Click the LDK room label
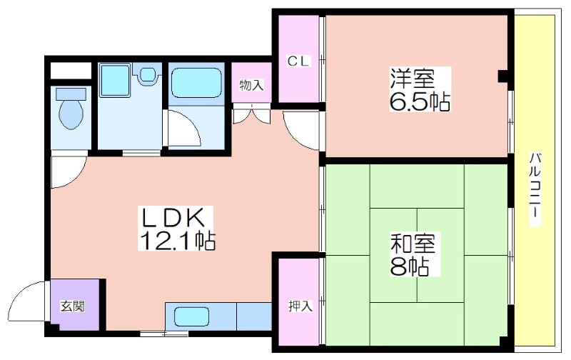tap(172, 218)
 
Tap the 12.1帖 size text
tap(177, 240)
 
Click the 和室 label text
tap(413, 243)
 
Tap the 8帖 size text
tap(409, 266)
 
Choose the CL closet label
tap(298, 61)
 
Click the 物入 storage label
tap(251, 85)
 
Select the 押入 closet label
tap(300, 306)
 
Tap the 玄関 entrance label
tap(73, 306)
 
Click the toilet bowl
tap(71, 109)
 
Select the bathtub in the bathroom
tap(196, 84)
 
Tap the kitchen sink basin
tap(191, 316)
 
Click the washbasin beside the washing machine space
tap(147, 75)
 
